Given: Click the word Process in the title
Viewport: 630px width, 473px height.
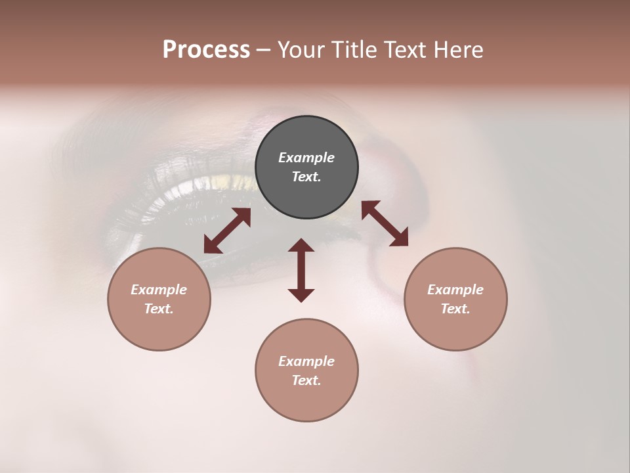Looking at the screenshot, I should coord(206,50).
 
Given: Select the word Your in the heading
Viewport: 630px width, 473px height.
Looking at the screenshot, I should coord(303,50).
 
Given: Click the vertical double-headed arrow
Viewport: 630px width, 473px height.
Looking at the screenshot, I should coord(301,270).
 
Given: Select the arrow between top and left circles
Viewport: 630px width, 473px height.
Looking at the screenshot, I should coord(227,231).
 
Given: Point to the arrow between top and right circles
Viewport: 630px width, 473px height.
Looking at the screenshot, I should coord(385,223).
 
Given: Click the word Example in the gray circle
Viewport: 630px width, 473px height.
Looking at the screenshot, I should coord(306,158).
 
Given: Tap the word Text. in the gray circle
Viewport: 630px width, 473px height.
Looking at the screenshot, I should coord(306,177).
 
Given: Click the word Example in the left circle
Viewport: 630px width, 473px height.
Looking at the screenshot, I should coord(159,290).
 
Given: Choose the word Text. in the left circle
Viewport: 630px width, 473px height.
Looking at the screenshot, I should coord(159,309).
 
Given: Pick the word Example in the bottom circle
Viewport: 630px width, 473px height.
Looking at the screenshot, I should coord(306,361).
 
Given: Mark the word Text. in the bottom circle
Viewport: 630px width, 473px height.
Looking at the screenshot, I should coord(306,380).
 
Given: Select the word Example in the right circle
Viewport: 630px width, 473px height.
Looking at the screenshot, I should coord(455,290).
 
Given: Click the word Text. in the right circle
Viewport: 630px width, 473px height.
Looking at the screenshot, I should coord(455,309).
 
